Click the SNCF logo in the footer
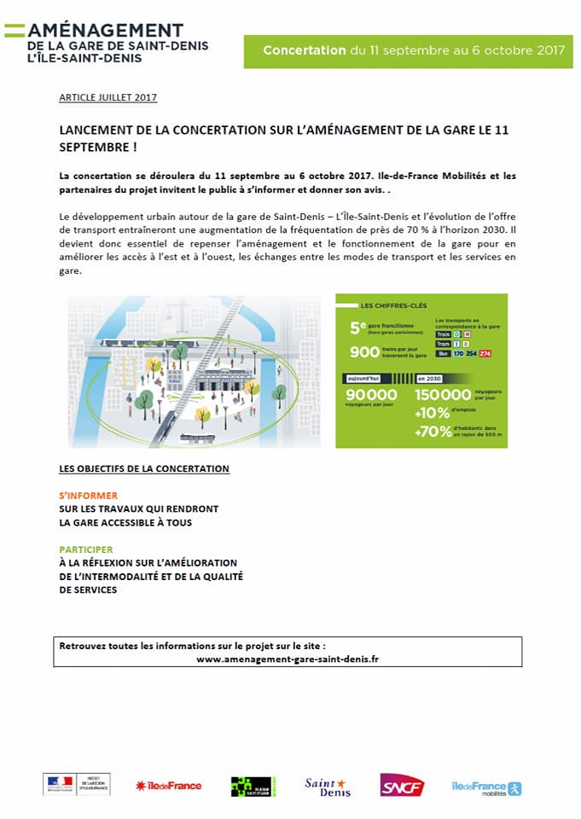point(402,785)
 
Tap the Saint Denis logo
point(325,786)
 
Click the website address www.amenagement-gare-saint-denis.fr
point(288,659)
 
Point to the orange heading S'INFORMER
point(89,496)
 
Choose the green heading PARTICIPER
point(86,549)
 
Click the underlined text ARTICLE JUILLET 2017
point(108,98)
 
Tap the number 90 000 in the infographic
point(371,394)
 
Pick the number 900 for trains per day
point(364,351)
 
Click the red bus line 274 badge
point(485,352)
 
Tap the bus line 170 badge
point(457,352)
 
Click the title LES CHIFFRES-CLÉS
point(394,305)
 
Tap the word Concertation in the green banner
point(305,50)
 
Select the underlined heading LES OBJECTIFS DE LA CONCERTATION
point(144,468)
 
